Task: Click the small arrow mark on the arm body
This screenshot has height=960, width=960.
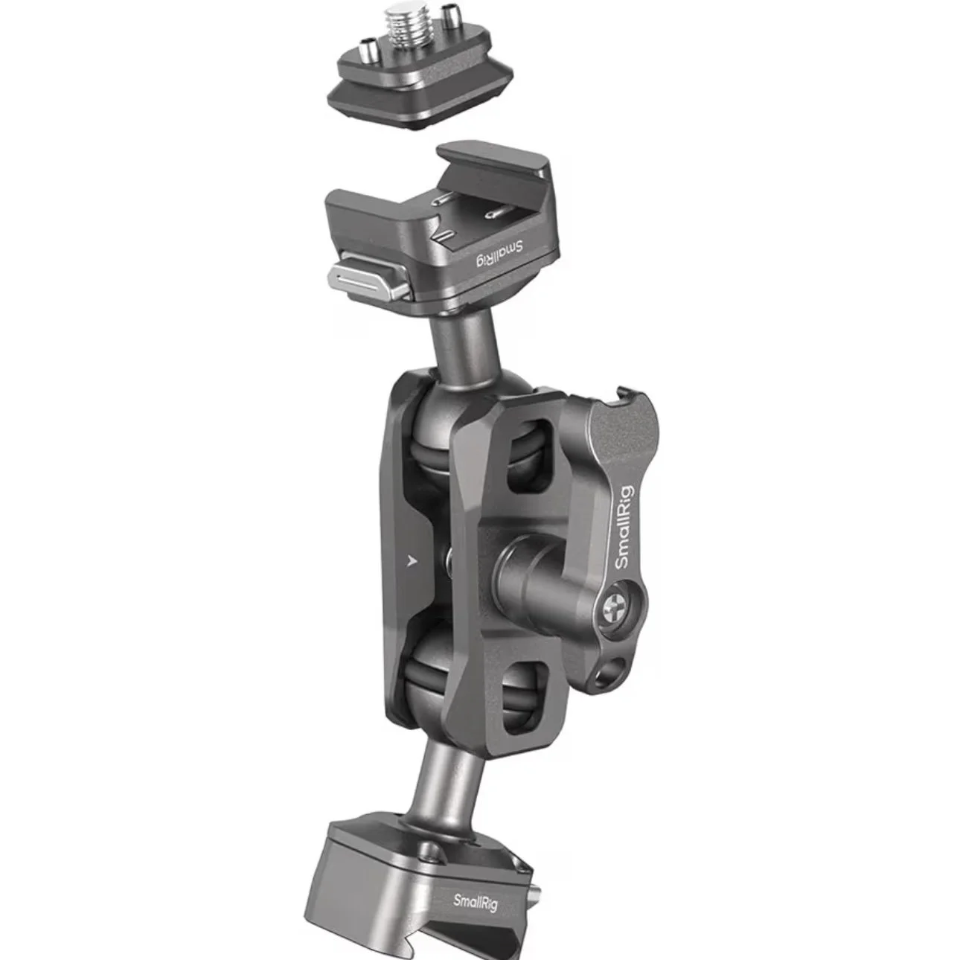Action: (x=412, y=561)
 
